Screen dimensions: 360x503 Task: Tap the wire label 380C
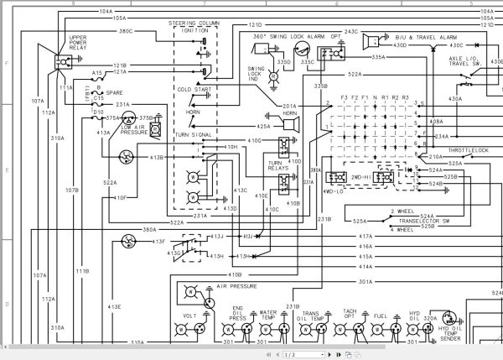pyautogui.click(x=126, y=32)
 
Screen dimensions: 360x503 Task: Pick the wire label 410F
pyautogui.click(x=120, y=198)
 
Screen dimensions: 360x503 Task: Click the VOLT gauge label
pyautogui.click(x=190, y=317)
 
